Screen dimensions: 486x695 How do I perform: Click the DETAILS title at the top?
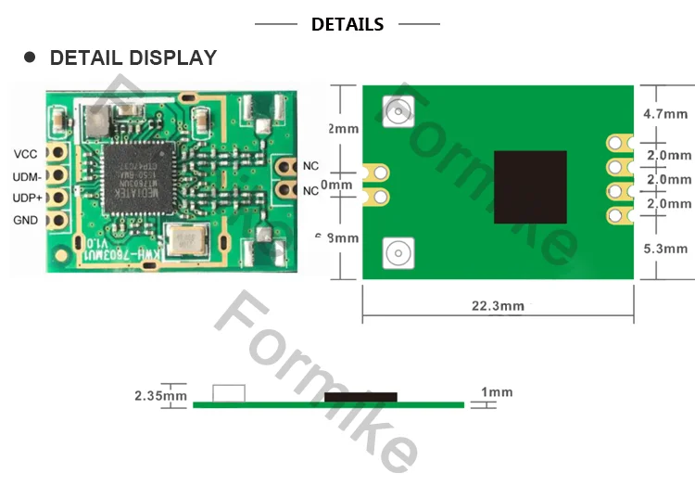[x=347, y=25]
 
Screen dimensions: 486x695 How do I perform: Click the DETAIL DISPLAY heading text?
[x=133, y=58]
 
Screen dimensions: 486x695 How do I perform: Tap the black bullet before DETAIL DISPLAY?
[x=30, y=58]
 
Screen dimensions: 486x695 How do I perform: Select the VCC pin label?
[x=25, y=154]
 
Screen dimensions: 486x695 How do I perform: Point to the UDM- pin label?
[x=26, y=176]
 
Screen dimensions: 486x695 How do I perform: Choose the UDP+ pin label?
[x=26, y=198]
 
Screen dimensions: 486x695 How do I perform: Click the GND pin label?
[x=26, y=221]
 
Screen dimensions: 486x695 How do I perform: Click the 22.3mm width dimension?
[x=498, y=306]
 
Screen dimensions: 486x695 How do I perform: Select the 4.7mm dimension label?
[x=665, y=114]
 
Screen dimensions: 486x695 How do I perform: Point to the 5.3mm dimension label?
[x=665, y=249]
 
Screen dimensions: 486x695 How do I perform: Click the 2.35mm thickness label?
[x=160, y=396]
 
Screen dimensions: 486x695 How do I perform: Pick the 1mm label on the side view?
[x=498, y=393]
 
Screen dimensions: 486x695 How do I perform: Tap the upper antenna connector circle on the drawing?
[x=398, y=112]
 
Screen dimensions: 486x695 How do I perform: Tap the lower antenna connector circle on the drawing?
[x=398, y=251]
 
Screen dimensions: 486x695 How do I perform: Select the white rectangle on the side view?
[x=229, y=393]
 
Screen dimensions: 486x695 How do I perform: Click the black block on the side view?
[x=360, y=397]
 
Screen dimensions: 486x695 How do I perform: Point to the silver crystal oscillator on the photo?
[x=189, y=240]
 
